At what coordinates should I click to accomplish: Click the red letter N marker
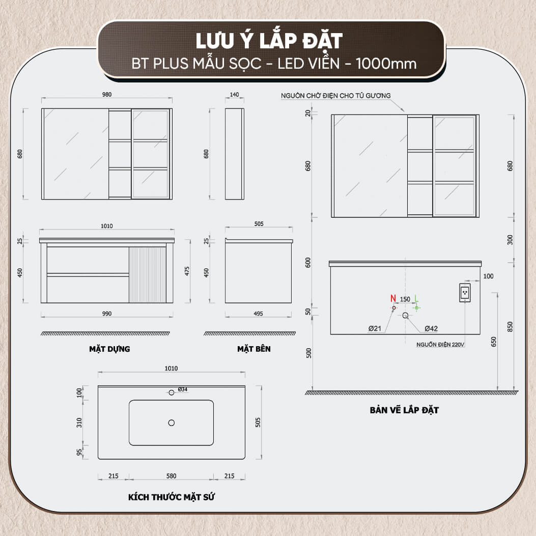(x=393, y=298)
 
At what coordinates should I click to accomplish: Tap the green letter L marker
(x=416, y=298)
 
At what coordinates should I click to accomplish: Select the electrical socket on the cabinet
(x=465, y=293)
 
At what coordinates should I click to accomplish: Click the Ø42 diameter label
(x=431, y=328)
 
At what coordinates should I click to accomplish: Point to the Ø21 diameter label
(x=375, y=328)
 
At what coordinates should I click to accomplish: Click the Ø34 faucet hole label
(x=183, y=389)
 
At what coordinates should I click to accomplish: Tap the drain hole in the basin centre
(x=171, y=423)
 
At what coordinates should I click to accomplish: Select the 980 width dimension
(x=107, y=94)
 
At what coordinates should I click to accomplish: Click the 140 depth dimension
(x=234, y=95)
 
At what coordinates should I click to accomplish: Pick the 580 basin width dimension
(x=171, y=476)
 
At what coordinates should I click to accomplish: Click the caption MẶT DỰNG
(x=109, y=349)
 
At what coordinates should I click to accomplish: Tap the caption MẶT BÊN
(x=253, y=349)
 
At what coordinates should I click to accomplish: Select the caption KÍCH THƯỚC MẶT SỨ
(x=171, y=497)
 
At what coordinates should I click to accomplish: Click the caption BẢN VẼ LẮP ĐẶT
(x=404, y=410)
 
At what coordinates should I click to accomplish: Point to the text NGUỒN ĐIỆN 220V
(x=440, y=345)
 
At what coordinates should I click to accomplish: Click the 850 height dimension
(x=510, y=327)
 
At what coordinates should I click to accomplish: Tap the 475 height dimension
(x=187, y=271)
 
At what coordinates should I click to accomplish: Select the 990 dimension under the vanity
(x=107, y=314)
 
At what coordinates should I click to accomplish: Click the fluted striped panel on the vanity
(x=147, y=275)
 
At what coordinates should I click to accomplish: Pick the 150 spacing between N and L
(x=405, y=299)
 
